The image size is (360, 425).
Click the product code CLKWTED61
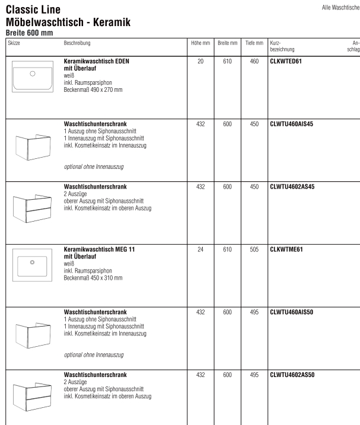(286, 61)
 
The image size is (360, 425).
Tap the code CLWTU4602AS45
(291, 187)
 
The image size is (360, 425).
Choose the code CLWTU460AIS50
(291, 311)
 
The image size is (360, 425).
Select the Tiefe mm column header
(254, 44)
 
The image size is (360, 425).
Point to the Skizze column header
(14, 44)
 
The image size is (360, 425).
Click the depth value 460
(254, 61)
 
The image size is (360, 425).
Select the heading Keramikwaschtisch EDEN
(97, 61)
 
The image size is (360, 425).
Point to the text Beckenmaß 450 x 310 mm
(93, 277)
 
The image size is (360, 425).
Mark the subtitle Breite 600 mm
(28, 33)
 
